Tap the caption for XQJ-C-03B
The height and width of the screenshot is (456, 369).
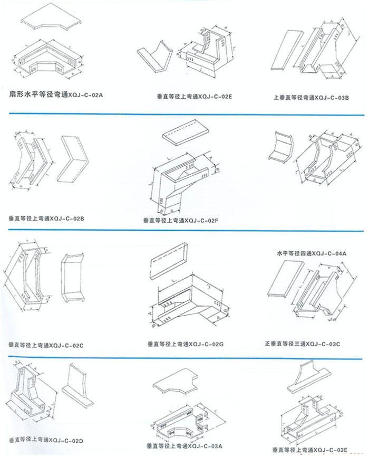pos(308,97)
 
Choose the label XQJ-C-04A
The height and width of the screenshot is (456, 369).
pos(312,254)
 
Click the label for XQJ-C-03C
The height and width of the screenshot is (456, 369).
pos(303,343)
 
